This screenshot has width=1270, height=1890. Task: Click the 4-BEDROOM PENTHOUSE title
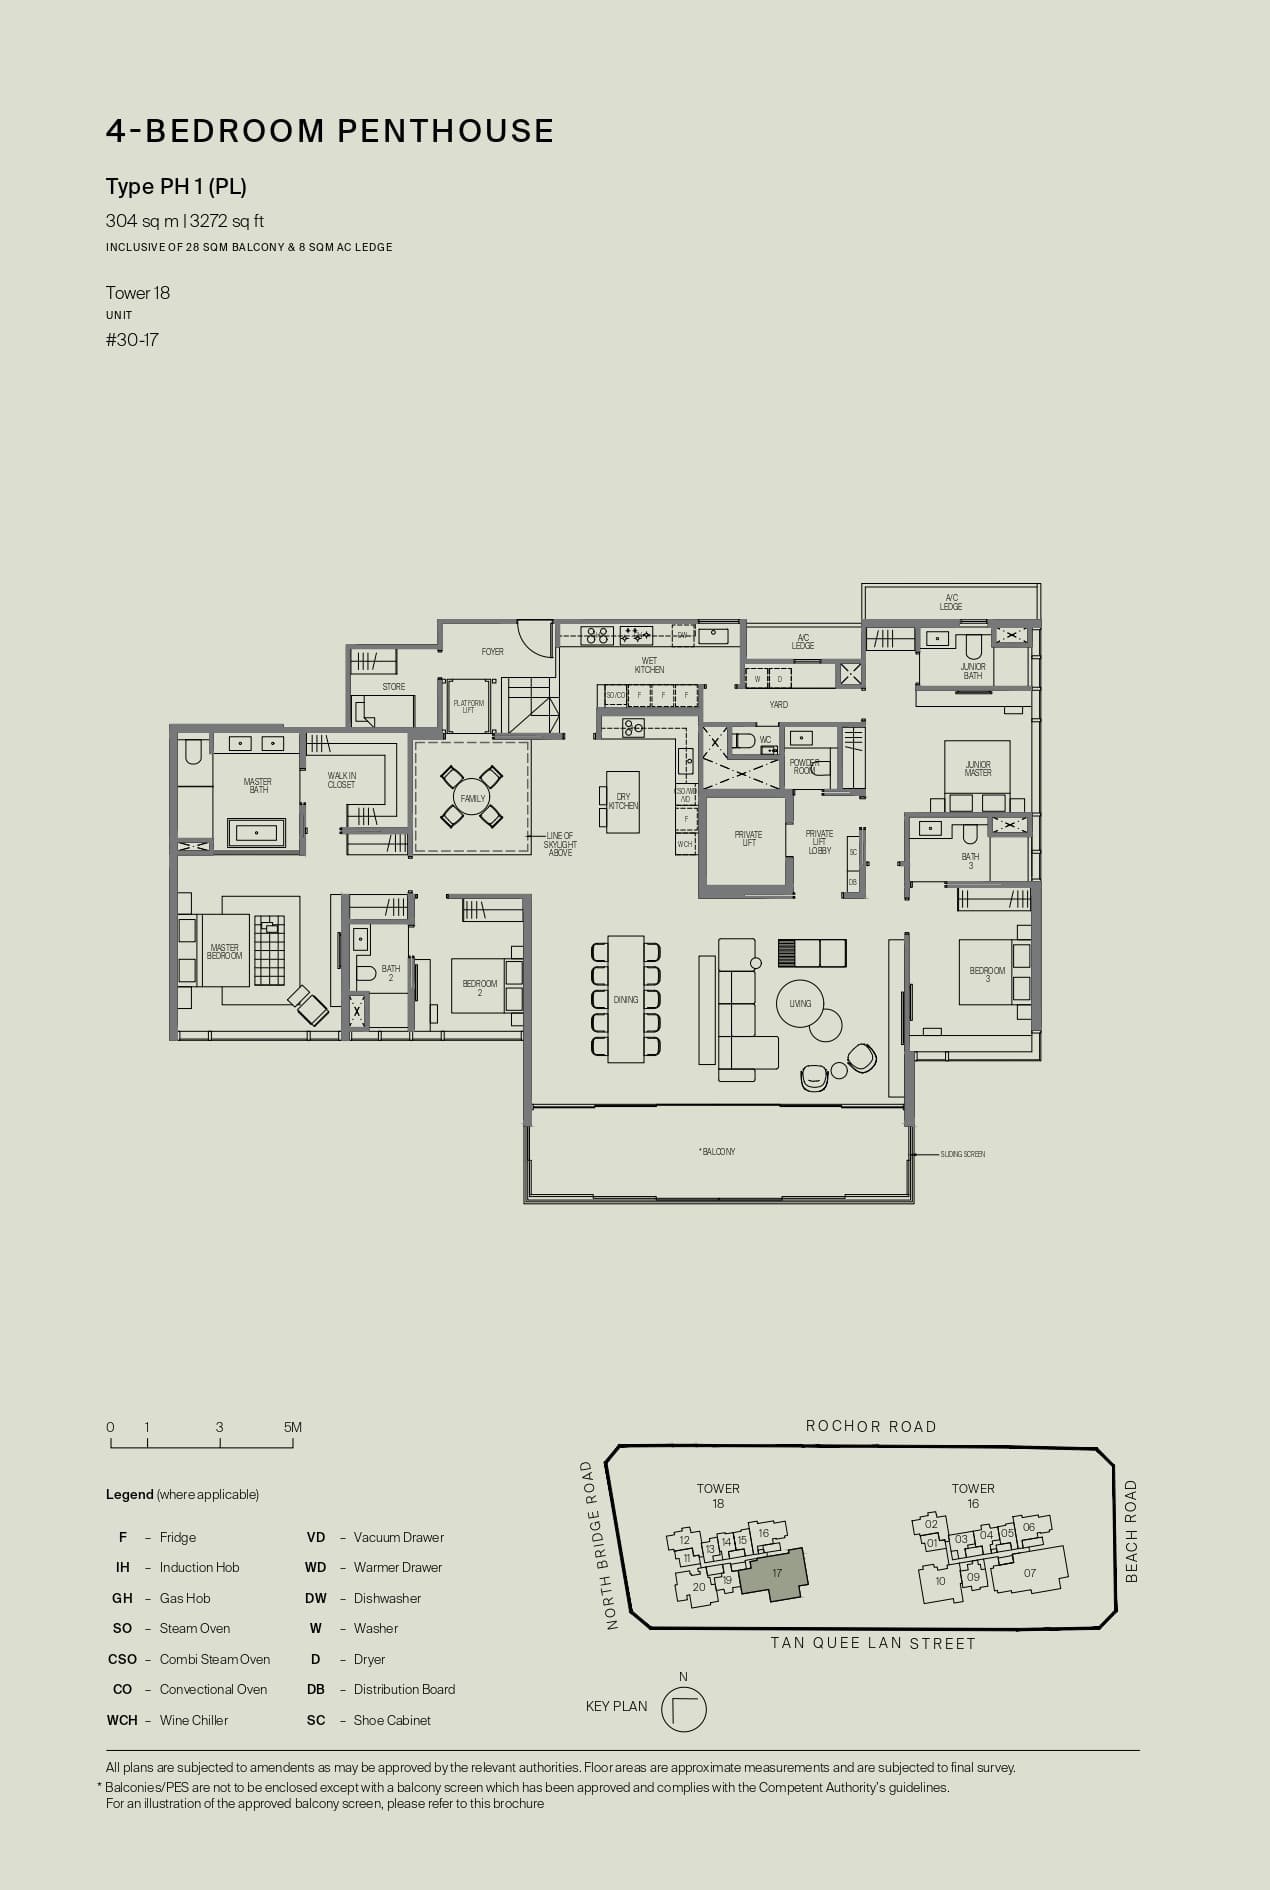click(330, 131)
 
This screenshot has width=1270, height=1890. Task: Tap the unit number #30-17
click(132, 340)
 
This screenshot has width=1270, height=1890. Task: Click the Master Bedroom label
click(224, 952)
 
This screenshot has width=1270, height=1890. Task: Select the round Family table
click(472, 798)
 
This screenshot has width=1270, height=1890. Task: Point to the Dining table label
click(626, 999)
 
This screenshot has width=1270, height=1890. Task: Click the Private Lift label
click(748, 838)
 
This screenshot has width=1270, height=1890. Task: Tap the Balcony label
click(718, 1152)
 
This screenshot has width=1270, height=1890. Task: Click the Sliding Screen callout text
click(962, 1154)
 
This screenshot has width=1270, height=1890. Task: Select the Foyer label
click(492, 652)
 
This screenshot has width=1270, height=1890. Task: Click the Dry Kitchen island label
click(623, 801)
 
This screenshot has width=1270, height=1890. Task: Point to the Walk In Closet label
click(341, 780)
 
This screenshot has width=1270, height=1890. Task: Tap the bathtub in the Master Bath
click(257, 832)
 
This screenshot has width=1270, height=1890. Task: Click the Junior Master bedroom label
click(977, 768)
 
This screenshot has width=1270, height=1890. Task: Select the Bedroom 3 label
click(987, 974)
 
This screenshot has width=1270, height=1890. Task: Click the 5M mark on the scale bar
click(292, 1428)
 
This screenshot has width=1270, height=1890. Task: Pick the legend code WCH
click(122, 1720)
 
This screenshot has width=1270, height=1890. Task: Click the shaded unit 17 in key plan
click(777, 1573)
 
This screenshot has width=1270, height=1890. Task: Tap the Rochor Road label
click(871, 1427)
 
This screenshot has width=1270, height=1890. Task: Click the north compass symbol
click(684, 1709)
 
